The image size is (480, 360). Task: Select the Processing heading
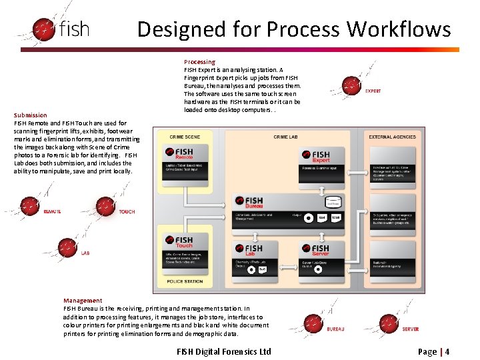(199, 62)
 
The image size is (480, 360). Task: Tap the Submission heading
(31, 115)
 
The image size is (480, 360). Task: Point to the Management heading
(83, 301)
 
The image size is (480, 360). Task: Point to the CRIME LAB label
(285, 137)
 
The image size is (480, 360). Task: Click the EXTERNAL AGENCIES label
(392, 137)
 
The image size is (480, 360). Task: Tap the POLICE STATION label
(185, 282)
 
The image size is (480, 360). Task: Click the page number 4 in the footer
(447, 351)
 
